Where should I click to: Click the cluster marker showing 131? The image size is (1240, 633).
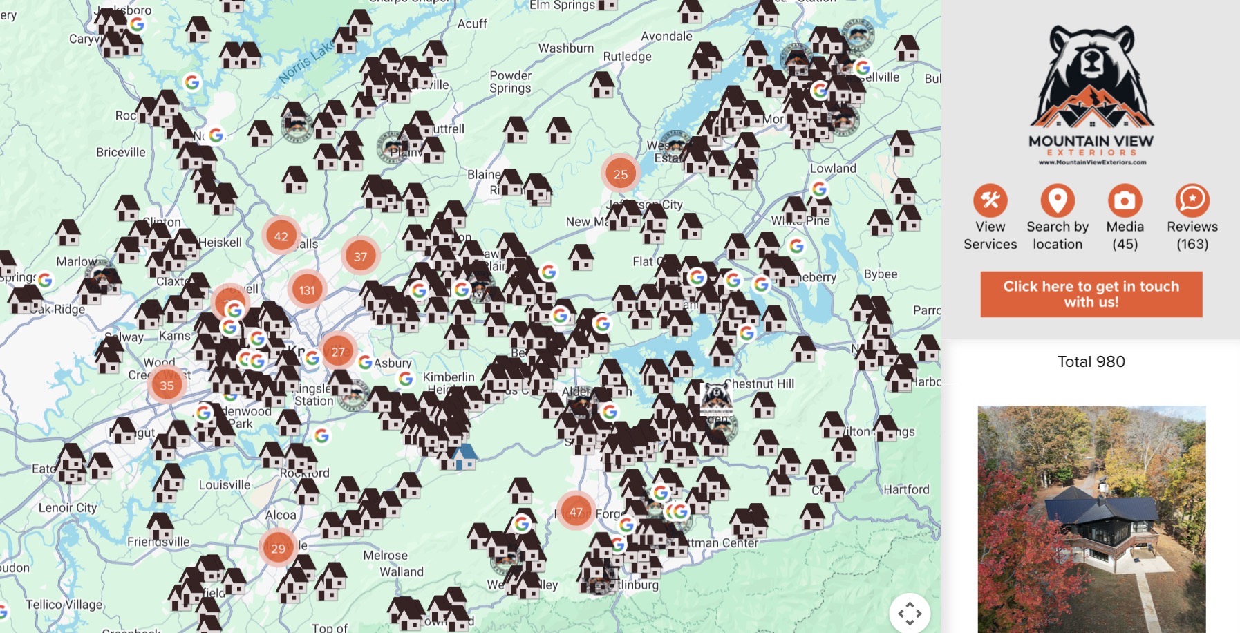[307, 290]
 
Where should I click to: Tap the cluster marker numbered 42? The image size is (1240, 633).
[281, 236]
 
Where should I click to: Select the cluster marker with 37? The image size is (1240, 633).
[360, 256]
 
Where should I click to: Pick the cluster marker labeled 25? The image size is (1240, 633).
[620, 174]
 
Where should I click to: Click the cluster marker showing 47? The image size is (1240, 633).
[576, 511]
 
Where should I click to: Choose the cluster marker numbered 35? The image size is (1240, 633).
[167, 386]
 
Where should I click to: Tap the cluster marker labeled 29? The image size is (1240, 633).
[278, 548]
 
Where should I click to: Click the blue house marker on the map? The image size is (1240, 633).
[464, 456]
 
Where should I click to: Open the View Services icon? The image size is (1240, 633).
[990, 201]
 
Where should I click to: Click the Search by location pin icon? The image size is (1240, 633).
[1057, 201]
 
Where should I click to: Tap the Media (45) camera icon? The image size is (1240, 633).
[1125, 201]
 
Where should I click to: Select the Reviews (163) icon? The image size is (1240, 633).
[1192, 201]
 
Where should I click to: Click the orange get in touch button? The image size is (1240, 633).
[1091, 294]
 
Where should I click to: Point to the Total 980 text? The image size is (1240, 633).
[1091, 361]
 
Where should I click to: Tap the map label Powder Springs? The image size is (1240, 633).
[510, 82]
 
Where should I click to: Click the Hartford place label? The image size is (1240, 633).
[906, 489]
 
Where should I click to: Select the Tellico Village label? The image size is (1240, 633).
[64, 604]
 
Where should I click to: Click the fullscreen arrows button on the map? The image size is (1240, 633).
[910, 612]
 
